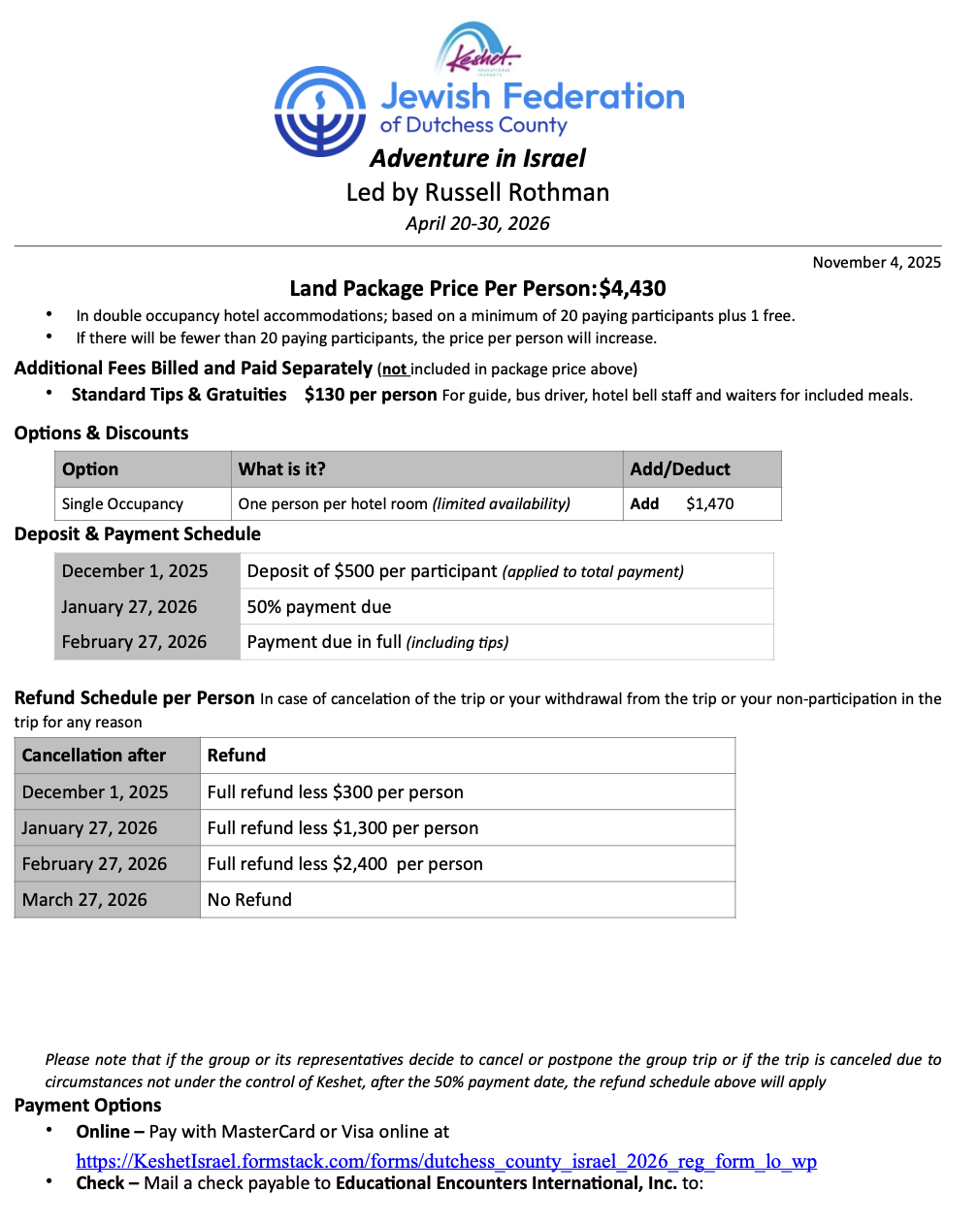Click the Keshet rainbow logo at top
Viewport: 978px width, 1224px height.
coord(477,49)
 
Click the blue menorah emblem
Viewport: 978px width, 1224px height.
coord(320,112)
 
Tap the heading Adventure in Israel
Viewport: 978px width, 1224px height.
coord(477,158)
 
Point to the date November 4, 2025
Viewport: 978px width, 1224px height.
coord(876,262)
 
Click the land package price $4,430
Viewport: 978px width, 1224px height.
coord(633,288)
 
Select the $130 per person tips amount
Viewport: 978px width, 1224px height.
coord(370,395)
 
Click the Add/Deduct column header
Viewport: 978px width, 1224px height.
coord(680,469)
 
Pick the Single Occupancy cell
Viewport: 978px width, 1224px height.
coord(122,504)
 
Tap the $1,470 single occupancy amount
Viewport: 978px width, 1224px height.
coord(709,504)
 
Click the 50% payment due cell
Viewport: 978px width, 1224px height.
coord(319,607)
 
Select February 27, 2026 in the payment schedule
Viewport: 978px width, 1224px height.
coord(134,642)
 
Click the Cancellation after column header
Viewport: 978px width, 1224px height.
coord(94,756)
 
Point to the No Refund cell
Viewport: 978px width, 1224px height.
coord(249,900)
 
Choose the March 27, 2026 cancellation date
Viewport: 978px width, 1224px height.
coord(84,900)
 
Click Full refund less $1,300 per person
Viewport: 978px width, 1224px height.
coord(342,828)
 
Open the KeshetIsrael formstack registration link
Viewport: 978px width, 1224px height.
coord(446,1161)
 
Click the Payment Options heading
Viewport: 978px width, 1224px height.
coord(87,1106)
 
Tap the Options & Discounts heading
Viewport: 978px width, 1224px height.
coord(101,434)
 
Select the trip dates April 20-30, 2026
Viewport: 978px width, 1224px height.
coord(477,224)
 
